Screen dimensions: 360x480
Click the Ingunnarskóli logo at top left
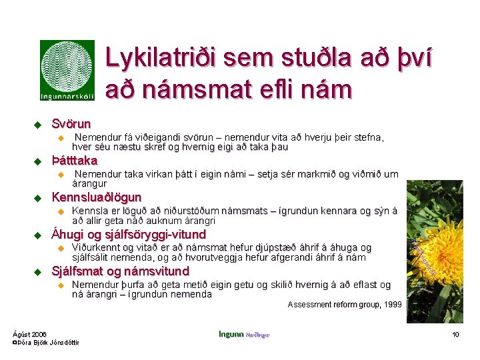click(x=67, y=71)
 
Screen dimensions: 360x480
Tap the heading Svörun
click(x=71, y=123)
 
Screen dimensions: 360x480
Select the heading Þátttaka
click(x=75, y=160)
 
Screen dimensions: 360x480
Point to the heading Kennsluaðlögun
click(x=97, y=197)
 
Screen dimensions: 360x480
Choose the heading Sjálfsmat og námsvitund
click(x=121, y=271)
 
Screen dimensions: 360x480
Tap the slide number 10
click(x=456, y=334)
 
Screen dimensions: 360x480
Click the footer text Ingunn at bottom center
click(x=231, y=334)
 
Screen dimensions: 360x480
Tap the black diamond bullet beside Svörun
click(x=38, y=124)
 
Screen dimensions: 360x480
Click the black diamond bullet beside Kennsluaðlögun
click(x=38, y=198)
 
